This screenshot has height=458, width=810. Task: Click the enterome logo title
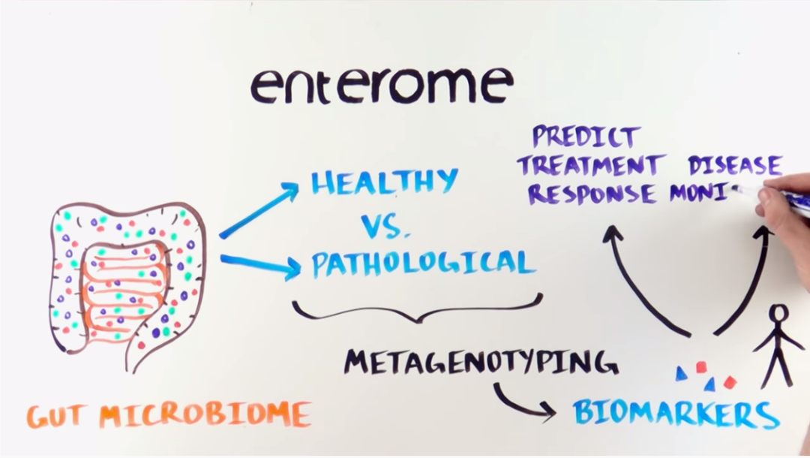pos(382,85)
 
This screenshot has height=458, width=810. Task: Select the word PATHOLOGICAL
pos(423,263)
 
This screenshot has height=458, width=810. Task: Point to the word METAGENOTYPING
pos(481,362)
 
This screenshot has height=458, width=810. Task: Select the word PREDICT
pos(586,137)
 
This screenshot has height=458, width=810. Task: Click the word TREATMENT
pos(591,165)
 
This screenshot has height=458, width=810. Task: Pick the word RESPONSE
pos(591,194)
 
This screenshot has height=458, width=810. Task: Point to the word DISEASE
pos(735,165)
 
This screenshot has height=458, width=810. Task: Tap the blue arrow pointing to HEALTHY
pos(259,212)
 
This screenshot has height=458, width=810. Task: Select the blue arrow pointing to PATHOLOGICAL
pos(259,264)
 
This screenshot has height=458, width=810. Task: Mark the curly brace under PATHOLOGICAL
pos(417,309)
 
